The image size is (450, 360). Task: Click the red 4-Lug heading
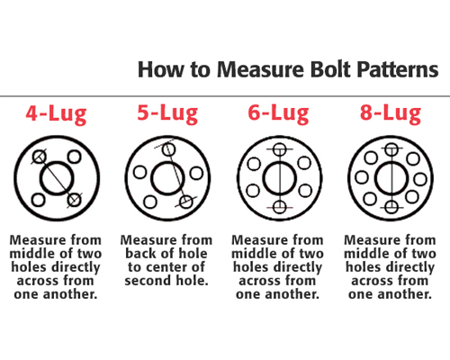[56, 114]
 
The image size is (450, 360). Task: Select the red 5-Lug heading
[167, 113]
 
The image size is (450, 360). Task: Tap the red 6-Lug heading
[278, 113]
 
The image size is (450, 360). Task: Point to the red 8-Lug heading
[391, 113]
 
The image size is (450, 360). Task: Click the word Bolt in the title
[330, 69]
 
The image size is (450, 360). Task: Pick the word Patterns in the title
[398, 69]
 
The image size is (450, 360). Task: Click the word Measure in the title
[260, 69]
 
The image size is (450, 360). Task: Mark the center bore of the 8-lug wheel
[391, 178]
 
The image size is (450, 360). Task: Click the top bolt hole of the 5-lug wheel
[168, 149]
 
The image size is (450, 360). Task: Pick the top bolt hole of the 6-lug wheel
[280, 149]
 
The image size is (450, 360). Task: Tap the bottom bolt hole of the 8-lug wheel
[391, 207]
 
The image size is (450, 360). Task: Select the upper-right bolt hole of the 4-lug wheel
[74, 157]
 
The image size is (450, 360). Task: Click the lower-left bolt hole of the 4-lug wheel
[39, 200]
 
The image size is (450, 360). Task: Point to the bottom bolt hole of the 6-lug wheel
[280, 207]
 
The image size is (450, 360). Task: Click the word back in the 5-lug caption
[140, 254]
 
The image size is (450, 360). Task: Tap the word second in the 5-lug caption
[148, 281]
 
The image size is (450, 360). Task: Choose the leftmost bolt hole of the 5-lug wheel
[139, 173]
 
